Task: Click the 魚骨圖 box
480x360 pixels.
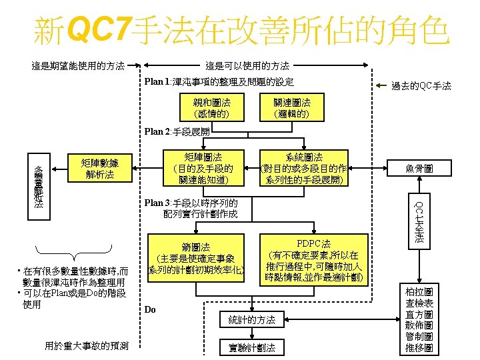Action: coord(419,169)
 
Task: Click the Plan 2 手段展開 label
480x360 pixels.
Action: coord(177,132)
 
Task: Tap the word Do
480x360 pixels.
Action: coord(150,310)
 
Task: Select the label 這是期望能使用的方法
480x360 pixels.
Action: coord(78,66)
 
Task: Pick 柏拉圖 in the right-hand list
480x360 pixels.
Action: coord(419,292)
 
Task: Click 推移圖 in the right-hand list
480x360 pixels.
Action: coord(419,348)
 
